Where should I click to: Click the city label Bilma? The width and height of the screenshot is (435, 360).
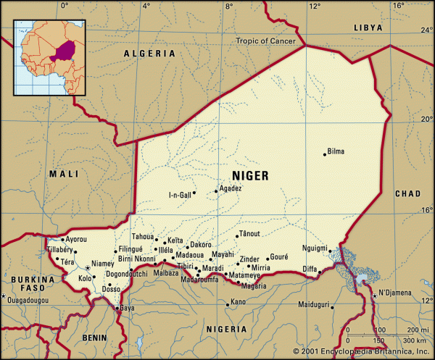[336, 152]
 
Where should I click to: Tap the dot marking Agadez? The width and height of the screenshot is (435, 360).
[216, 192]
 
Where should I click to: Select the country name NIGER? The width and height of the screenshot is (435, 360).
[250, 176]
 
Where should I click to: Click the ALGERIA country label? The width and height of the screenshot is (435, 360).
[149, 54]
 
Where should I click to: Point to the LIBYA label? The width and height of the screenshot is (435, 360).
[367, 27]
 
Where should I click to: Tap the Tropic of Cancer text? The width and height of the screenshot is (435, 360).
[266, 41]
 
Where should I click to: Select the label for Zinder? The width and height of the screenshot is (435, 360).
[249, 259]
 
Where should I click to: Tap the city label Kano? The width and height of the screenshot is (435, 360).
[238, 302]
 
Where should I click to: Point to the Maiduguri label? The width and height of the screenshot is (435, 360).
[312, 304]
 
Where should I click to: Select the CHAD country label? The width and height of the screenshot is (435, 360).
[407, 194]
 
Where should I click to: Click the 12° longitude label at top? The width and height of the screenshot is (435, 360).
[314, 6]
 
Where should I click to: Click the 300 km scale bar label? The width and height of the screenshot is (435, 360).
[415, 340]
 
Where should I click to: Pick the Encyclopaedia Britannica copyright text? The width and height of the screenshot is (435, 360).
[360, 352]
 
